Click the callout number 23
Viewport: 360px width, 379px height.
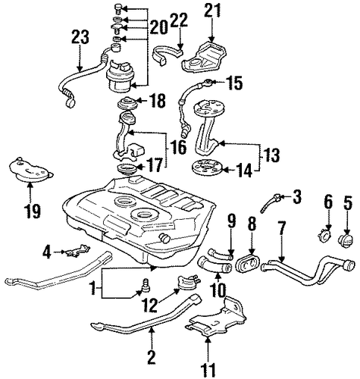(x=80, y=37)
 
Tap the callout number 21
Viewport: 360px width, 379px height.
(x=212, y=11)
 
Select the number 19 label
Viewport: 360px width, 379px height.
(x=33, y=211)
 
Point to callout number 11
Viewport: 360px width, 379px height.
(x=209, y=371)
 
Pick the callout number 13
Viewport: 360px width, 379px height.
(x=271, y=155)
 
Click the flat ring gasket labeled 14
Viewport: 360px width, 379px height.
(x=207, y=167)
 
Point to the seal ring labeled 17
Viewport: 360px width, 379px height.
(x=127, y=169)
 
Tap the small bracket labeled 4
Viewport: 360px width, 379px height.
(x=77, y=250)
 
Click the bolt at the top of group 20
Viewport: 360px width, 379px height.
(x=118, y=9)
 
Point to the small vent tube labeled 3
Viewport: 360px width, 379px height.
(x=270, y=203)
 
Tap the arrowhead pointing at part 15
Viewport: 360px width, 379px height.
(x=214, y=82)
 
